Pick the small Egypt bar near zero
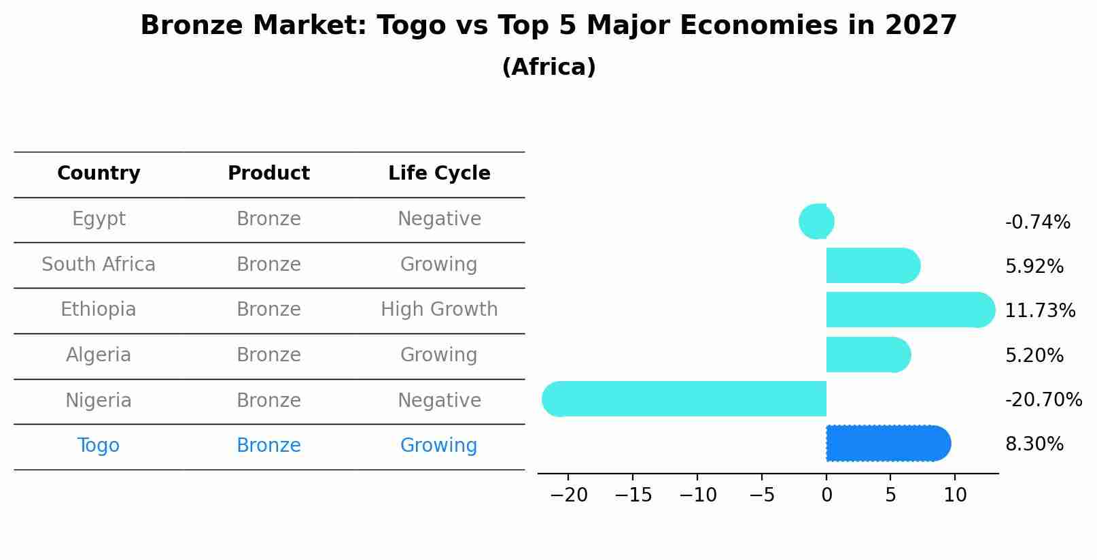click(x=816, y=221)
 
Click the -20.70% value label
click(x=1043, y=400)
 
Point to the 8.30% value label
click(x=1034, y=444)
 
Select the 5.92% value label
click(x=1034, y=267)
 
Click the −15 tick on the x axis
click(x=633, y=495)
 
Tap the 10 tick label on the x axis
click(x=955, y=495)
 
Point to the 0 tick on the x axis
click(x=826, y=495)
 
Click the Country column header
click(x=99, y=174)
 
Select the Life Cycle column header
click(x=439, y=174)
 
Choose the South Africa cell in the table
click(x=99, y=265)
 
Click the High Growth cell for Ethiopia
click(x=439, y=310)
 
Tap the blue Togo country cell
click(x=99, y=446)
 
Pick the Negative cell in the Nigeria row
click(x=439, y=401)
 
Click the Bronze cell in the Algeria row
click(x=268, y=355)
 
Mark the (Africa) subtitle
click(x=548, y=67)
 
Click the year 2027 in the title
click(x=920, y=26)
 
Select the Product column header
click(x=268, y=174)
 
